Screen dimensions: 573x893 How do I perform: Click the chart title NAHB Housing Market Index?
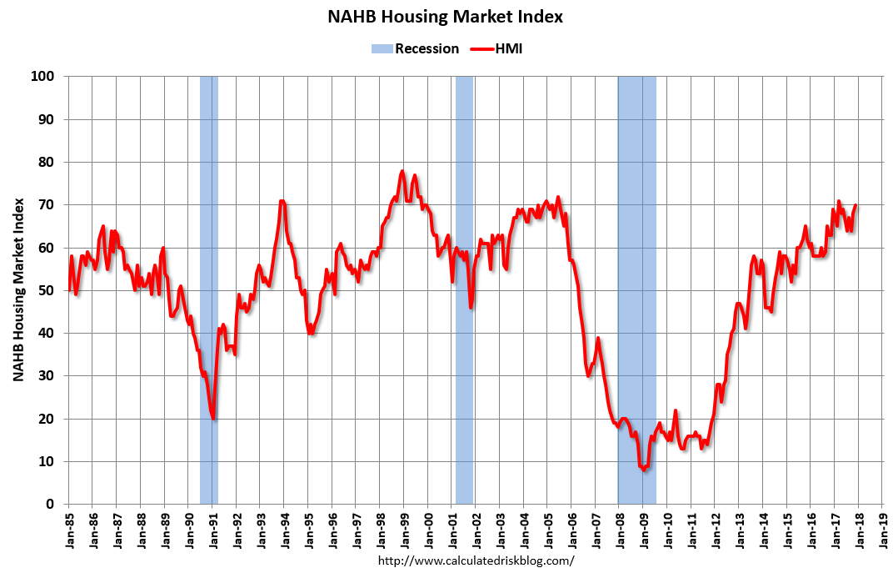(445, 17)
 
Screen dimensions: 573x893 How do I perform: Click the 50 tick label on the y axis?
(48, 290)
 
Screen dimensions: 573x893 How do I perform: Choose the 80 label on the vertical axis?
(48, 162)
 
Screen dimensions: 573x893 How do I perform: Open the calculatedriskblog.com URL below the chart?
(476, 560)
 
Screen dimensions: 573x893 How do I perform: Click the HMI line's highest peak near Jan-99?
(402, 171)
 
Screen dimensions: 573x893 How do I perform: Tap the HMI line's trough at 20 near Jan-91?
(214, 418)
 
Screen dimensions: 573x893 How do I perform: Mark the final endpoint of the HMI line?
(856, 205)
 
